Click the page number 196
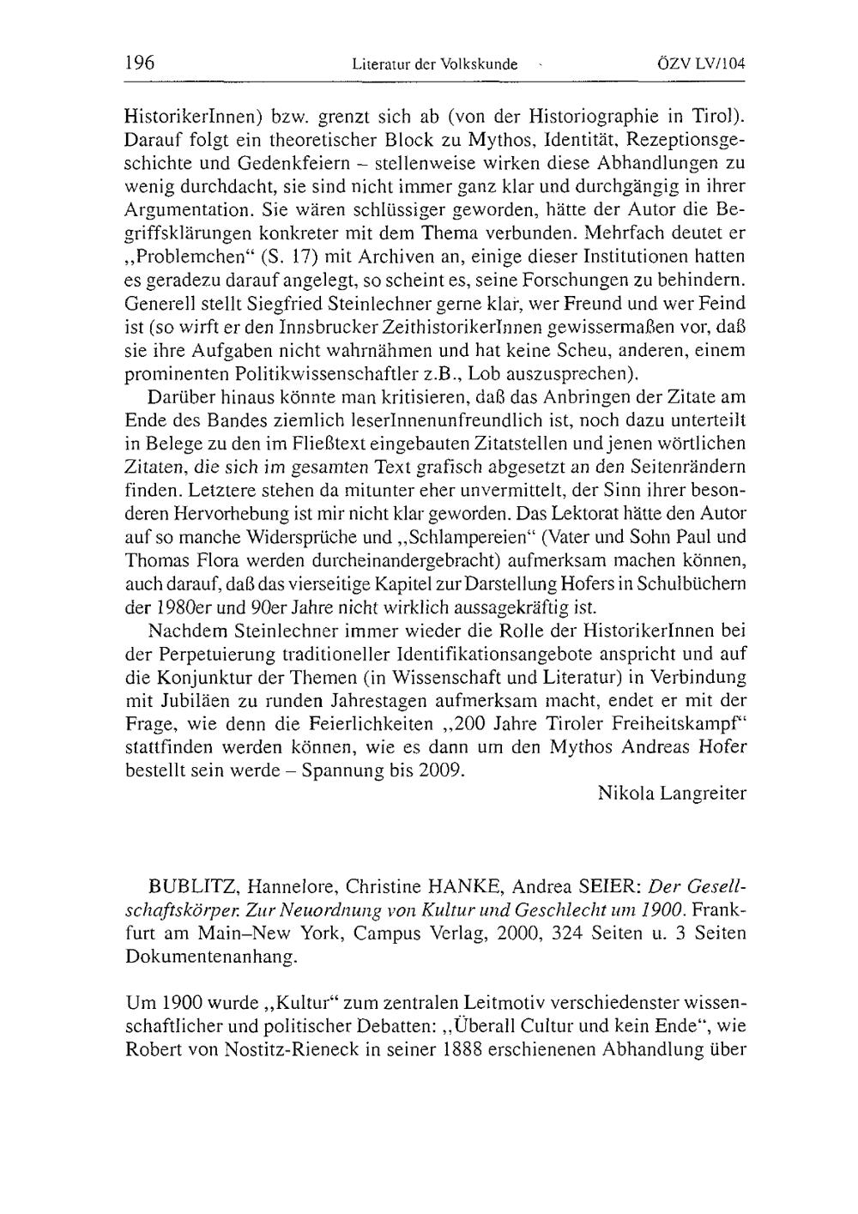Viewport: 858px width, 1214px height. [139, 63]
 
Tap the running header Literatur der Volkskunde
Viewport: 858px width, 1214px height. [435, 63]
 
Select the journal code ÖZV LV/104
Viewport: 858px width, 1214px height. [701, 63]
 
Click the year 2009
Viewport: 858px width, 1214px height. [439, 768]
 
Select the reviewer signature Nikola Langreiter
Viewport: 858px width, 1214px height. [672, 793]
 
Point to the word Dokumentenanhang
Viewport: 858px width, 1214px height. [212, 957]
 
